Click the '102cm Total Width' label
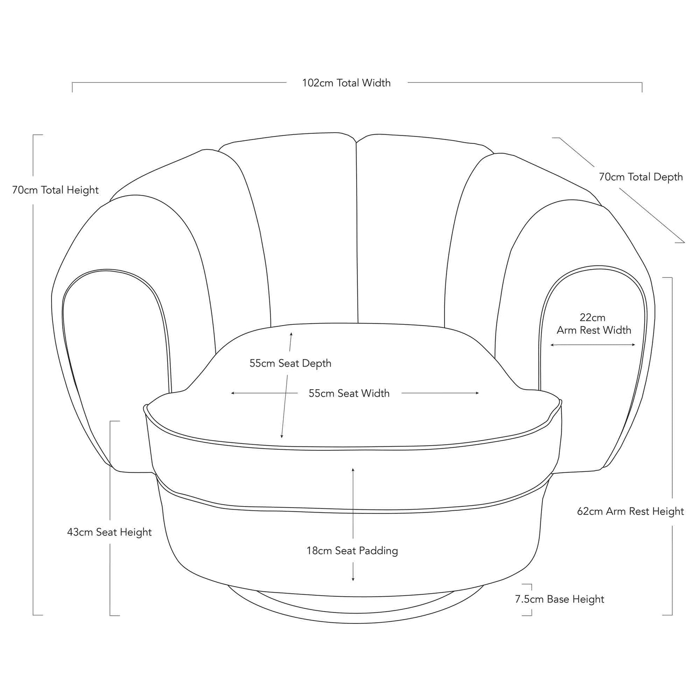346,83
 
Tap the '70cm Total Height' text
55,190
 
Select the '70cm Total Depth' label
641,177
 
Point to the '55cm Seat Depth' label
290,363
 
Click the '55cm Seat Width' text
349,393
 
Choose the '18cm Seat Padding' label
352,551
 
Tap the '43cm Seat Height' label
109,532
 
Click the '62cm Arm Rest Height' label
631,511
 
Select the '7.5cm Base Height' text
559,599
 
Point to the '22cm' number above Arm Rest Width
592,317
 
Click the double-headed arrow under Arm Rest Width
593,345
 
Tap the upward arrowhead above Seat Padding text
353,470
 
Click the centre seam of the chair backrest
357,232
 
